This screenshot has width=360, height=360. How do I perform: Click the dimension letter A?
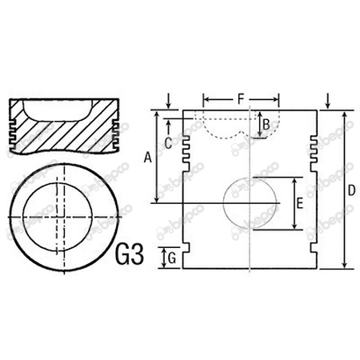146,158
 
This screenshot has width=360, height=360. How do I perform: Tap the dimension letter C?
168,142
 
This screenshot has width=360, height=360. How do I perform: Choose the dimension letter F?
241,99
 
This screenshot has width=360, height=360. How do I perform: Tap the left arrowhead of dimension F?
206,100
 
